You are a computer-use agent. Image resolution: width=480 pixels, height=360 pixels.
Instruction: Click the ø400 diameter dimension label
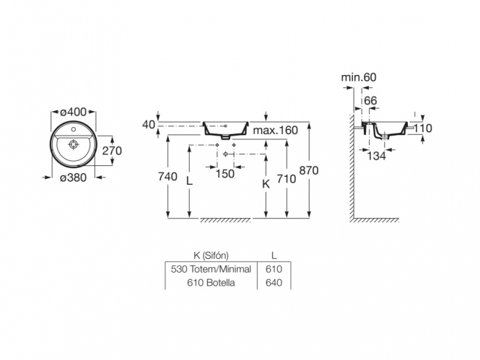click(74, 112)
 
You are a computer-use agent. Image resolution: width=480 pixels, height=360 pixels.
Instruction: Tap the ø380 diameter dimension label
click(73, 177)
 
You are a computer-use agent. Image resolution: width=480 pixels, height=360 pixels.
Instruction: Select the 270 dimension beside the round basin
click(112, 151)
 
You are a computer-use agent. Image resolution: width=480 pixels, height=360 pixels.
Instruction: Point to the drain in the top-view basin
click(73, 144)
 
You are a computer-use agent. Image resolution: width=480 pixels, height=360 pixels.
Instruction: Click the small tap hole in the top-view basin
click(74, 129)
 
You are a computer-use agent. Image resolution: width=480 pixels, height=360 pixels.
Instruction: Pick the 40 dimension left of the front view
click(149, 125)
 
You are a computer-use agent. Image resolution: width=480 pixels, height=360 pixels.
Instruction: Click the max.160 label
click(275, 131)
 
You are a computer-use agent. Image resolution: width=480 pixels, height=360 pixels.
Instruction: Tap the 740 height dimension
click(167, 177)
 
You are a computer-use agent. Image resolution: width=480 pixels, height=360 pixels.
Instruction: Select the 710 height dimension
click(287, 179)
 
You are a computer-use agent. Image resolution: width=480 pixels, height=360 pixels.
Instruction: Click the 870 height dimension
click(309, 170)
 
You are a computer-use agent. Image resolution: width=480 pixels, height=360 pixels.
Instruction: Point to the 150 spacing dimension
click(225, 174)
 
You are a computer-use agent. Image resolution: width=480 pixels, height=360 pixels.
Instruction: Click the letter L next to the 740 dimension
click(190, 181)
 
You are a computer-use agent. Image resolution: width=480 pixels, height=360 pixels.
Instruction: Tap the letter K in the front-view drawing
click(266, 184)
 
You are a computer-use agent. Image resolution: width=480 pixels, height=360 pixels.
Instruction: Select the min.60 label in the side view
click(359, 77)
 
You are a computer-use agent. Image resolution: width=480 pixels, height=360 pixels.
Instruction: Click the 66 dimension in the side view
click(370, 100)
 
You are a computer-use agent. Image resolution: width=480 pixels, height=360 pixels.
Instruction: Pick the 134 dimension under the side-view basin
click(377, 156)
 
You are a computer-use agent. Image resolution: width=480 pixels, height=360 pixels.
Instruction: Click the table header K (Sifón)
click(211, 255)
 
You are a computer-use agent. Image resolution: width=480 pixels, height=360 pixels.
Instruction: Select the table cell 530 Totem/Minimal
click(211, 269)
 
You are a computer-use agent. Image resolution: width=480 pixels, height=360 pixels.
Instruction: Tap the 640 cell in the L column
click(274, 283)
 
